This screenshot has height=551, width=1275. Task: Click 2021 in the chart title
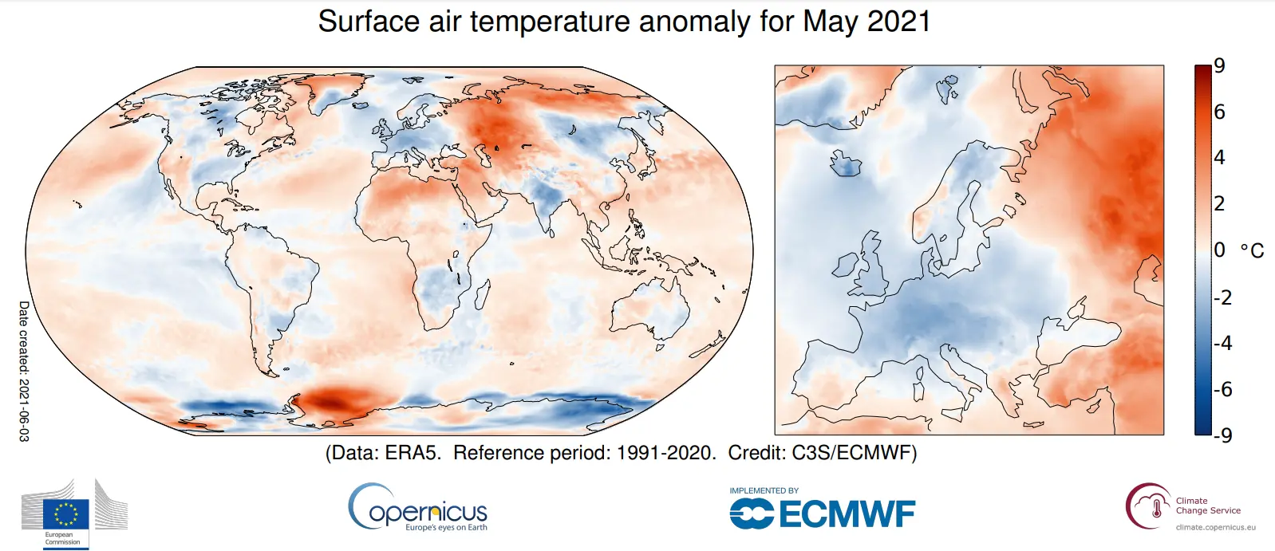pyautogui.click(x=899, y=22)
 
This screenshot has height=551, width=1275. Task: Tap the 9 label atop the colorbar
pyautogui.click(x=1219, y=66)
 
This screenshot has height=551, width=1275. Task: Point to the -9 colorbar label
pyautogui.click(x=1223, y=435)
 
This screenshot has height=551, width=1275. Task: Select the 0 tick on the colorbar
pyautogui.click(x=1219, y=250)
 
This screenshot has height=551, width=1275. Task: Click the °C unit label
pyautogui.click(x=1252, y=251)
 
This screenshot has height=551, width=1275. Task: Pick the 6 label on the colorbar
pyautogui.click(x=1219, y=112)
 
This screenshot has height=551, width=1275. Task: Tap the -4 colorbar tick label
pyautogui.click(x=1223, y=343)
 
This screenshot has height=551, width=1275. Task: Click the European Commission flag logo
pyautogui.click(x=66, y=514)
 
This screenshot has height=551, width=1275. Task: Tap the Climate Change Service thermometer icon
pyautogui.click(x=1155, y=507)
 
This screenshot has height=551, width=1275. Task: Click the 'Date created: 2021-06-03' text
pyautogui.click(x=23, y=371)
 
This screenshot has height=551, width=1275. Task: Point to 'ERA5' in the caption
pyautogui.click(x=412, y=453)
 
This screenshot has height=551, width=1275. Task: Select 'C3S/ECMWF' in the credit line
pyautogui.click(x=854, y=453)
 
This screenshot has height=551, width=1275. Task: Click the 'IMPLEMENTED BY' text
pyautogui.click(x=764, y=490)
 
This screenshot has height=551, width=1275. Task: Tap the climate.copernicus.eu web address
pyautogui.click(x=1215, y=527)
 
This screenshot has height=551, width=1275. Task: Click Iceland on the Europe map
pyautogui.click(x=846, y=164)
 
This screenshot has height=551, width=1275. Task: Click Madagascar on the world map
pyautogui.click(x=482, y=294)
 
